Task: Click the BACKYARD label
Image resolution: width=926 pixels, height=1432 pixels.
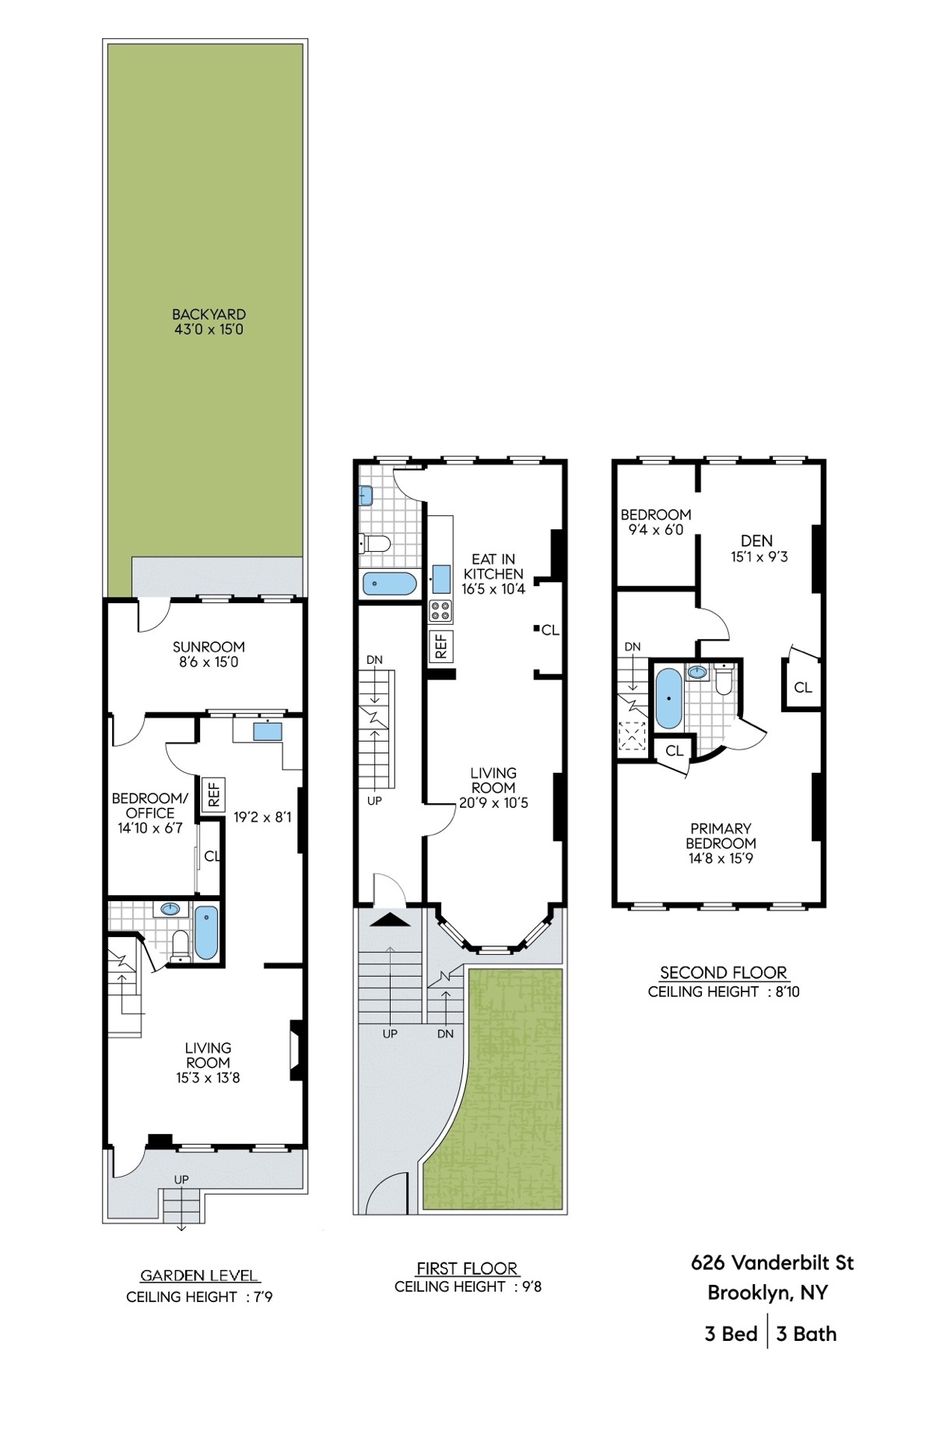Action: [209, 314]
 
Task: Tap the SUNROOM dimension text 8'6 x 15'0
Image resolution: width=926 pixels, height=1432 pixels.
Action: [209, 662]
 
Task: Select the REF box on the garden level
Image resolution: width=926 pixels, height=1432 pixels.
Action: [213, 794]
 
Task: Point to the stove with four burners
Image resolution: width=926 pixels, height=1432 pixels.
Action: [440, 611]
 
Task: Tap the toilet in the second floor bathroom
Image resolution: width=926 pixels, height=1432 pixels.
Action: [723, 679]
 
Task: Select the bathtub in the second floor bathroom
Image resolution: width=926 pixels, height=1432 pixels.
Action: [667, 698]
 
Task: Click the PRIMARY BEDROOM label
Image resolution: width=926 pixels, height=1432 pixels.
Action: [721, 836]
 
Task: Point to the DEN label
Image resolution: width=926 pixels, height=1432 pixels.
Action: [756, 541]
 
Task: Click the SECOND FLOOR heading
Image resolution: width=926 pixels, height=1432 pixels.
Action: [723, 973]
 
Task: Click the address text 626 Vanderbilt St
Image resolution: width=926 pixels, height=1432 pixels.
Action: [772, 1262]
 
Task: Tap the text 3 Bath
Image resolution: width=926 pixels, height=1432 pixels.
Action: [806, 1333]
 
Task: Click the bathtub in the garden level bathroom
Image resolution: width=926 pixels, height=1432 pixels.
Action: [206, 932]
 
